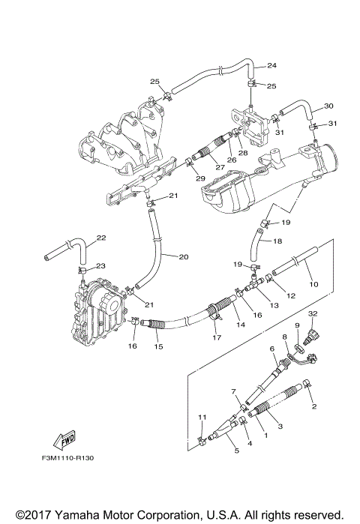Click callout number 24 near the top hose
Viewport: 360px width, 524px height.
coord(272,65)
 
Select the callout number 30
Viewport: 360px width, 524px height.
coord(328,106)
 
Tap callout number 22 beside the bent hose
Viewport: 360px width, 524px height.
coord(101,238)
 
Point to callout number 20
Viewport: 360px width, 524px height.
coord(183,256)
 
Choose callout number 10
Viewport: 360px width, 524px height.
coord(313,284)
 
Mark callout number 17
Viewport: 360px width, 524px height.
coord(217,338)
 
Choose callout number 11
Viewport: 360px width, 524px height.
coord(200,417)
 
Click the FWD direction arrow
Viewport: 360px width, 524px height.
coord(64,439)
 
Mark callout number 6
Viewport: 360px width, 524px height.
coord(271,349)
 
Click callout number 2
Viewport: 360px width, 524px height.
coord(314,406)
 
